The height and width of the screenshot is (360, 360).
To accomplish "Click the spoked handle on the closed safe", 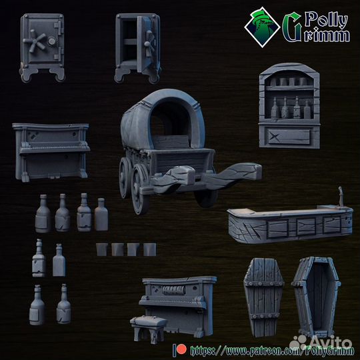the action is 35,41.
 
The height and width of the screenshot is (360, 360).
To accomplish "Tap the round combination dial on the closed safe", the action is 51,41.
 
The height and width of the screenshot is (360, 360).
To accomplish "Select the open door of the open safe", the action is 147,43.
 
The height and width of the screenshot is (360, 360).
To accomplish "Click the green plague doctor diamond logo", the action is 262,27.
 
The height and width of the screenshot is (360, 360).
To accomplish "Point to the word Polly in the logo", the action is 326,20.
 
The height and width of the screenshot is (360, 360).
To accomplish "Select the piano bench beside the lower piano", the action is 149,329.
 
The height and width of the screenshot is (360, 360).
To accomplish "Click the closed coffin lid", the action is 263,297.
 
